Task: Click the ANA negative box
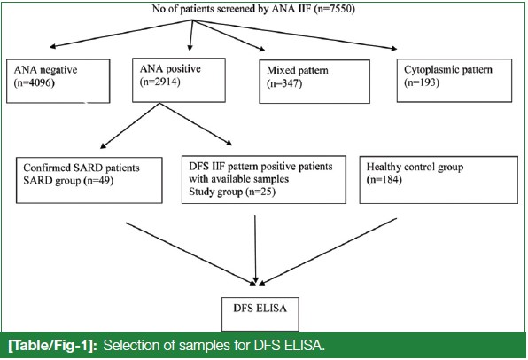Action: [58, 81]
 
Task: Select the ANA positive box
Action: [179, 80]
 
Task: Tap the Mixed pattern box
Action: [314, 82]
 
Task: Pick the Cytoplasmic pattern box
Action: [454, 80]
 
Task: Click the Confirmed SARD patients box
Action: [89, 180]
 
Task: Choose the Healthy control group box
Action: [439, 180]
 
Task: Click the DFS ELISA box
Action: [260, 314]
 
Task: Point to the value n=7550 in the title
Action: [334, 9]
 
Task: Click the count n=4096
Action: [34, 83]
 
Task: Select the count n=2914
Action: [160, 82]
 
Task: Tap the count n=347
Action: [284, 83]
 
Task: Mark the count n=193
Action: [422, 82]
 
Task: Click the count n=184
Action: [384, 179]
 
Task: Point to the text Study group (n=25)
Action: [232, 192]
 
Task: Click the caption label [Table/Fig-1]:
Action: [52, 346]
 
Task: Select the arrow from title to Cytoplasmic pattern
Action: [295, 35]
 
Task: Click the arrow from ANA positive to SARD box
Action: [130, 126]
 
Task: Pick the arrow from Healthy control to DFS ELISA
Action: [328, 252]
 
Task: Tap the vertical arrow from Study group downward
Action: [255, 249]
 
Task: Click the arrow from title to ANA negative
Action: [120, 34]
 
